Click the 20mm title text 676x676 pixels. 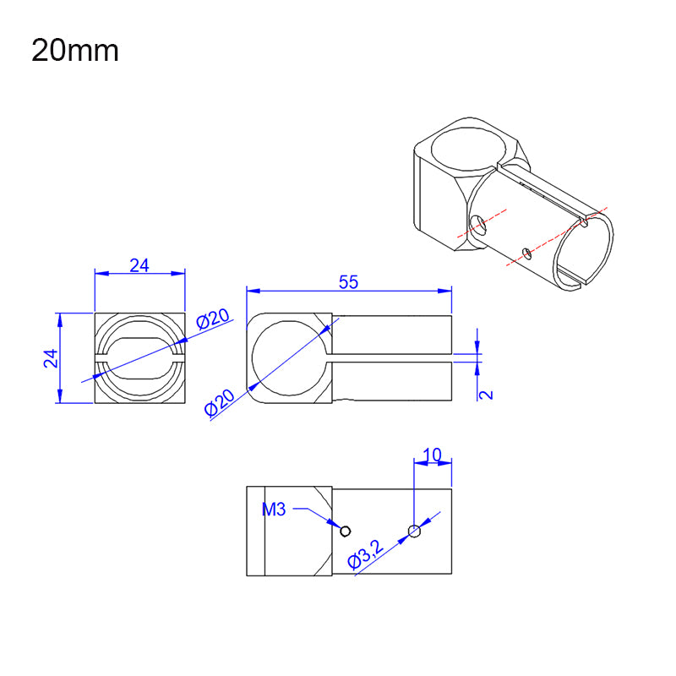(75, 51)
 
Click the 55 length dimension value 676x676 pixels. (348, 283)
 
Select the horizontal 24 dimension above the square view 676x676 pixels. (139, 265)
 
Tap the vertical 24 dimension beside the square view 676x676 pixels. (52, 357)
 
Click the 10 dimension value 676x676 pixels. (431, 455)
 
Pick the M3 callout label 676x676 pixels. (275, 510)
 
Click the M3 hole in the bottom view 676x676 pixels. (345, 530)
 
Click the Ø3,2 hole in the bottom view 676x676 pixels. (414, 531)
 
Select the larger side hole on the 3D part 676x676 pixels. (479, 224)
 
